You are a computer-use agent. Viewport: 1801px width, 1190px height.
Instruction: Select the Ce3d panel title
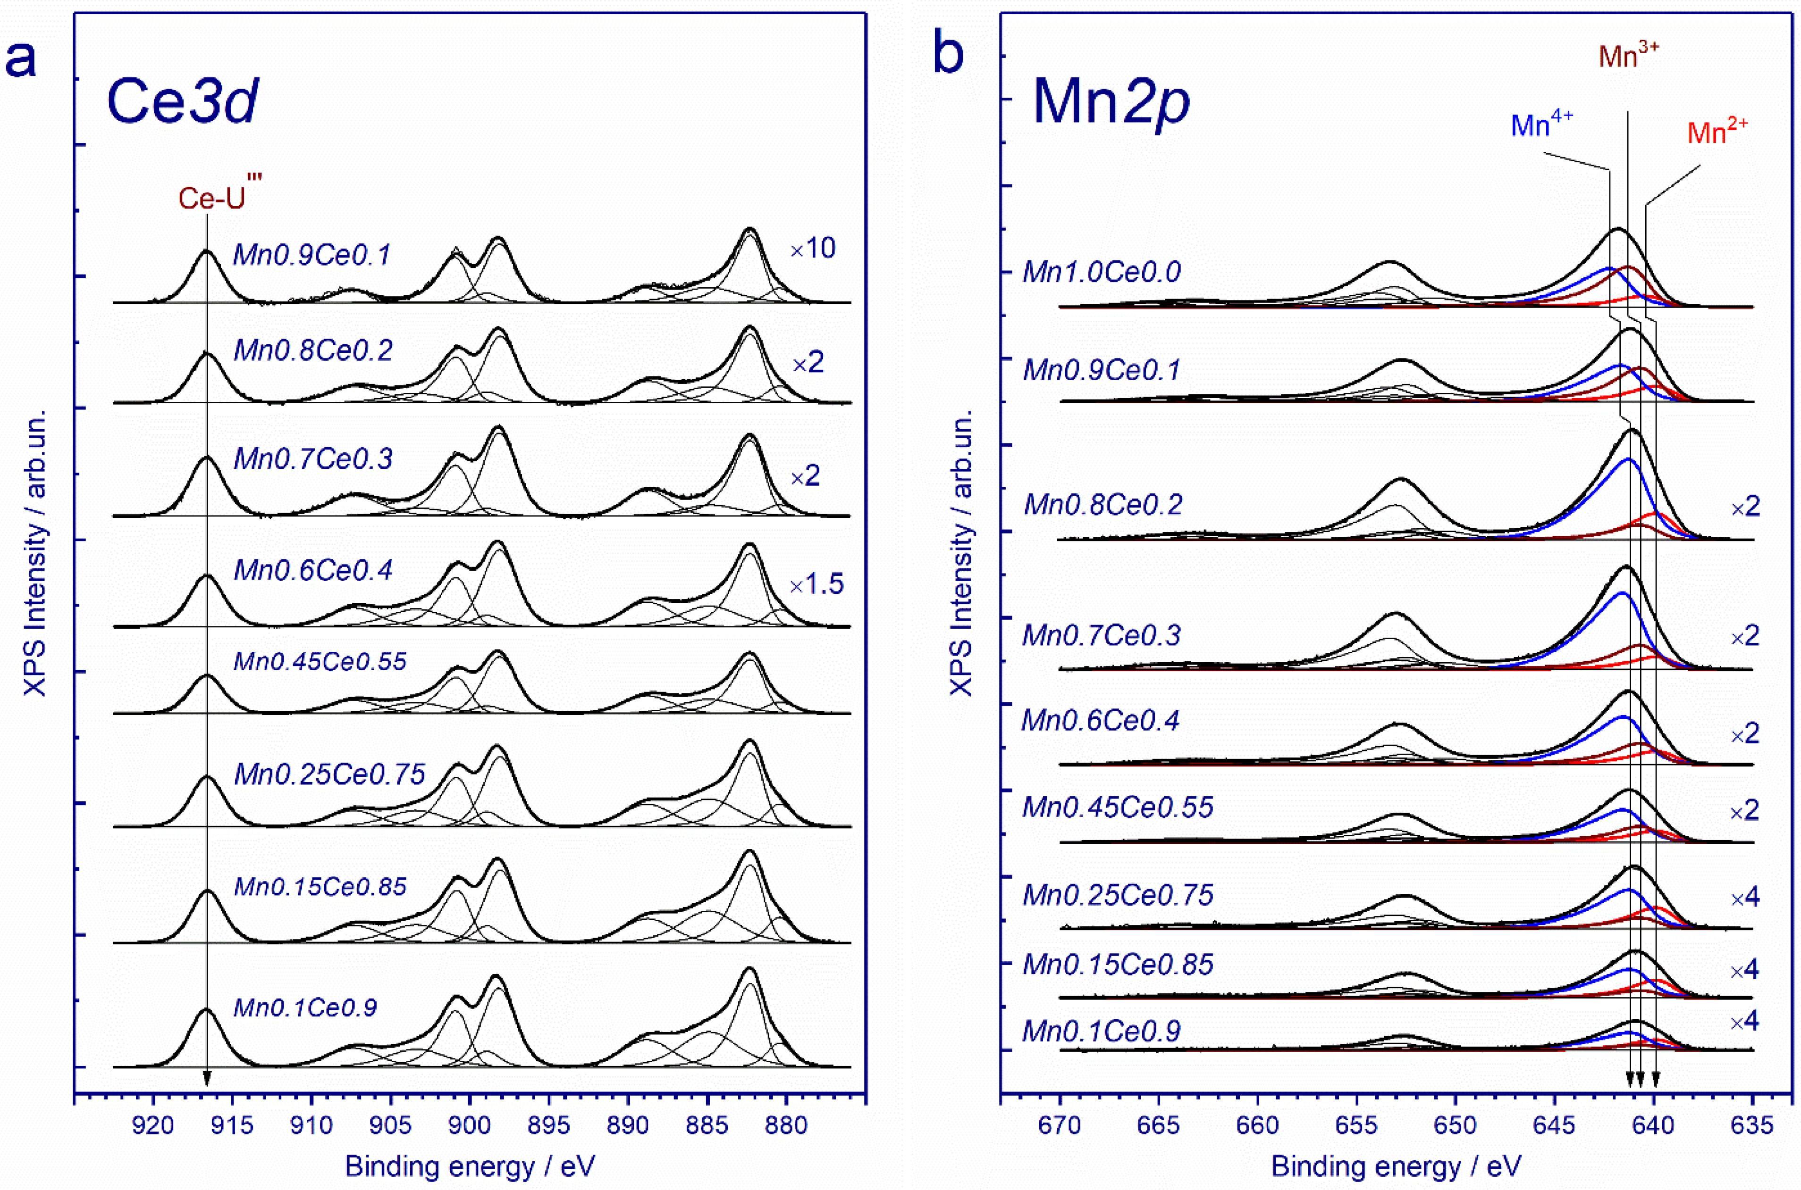[x=182, y=101]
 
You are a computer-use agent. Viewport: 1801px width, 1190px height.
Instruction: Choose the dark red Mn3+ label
[x=1628, y=55]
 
